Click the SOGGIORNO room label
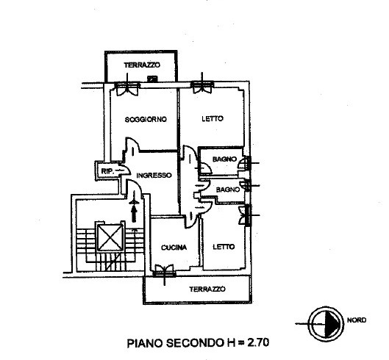(146, 120)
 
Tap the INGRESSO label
(154, 176)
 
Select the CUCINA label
(174, 248)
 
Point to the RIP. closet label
(107, 171)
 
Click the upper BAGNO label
(224, 159)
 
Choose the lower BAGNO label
(228, 190)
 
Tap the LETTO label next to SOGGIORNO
(213, 119)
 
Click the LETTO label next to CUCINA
(224, 247)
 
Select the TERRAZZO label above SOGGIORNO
(142, 65)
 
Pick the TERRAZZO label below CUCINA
(207, 289)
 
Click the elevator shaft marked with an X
(110, 237)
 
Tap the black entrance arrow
(135, 214)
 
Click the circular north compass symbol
(326, 324)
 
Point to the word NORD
(357, 320)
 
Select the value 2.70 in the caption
(258, 342)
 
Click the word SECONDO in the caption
(194, 343)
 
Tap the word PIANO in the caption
(145, 343)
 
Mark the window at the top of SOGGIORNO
(127, 87)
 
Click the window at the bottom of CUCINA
(164, 271)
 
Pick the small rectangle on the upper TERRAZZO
(152, 79)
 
